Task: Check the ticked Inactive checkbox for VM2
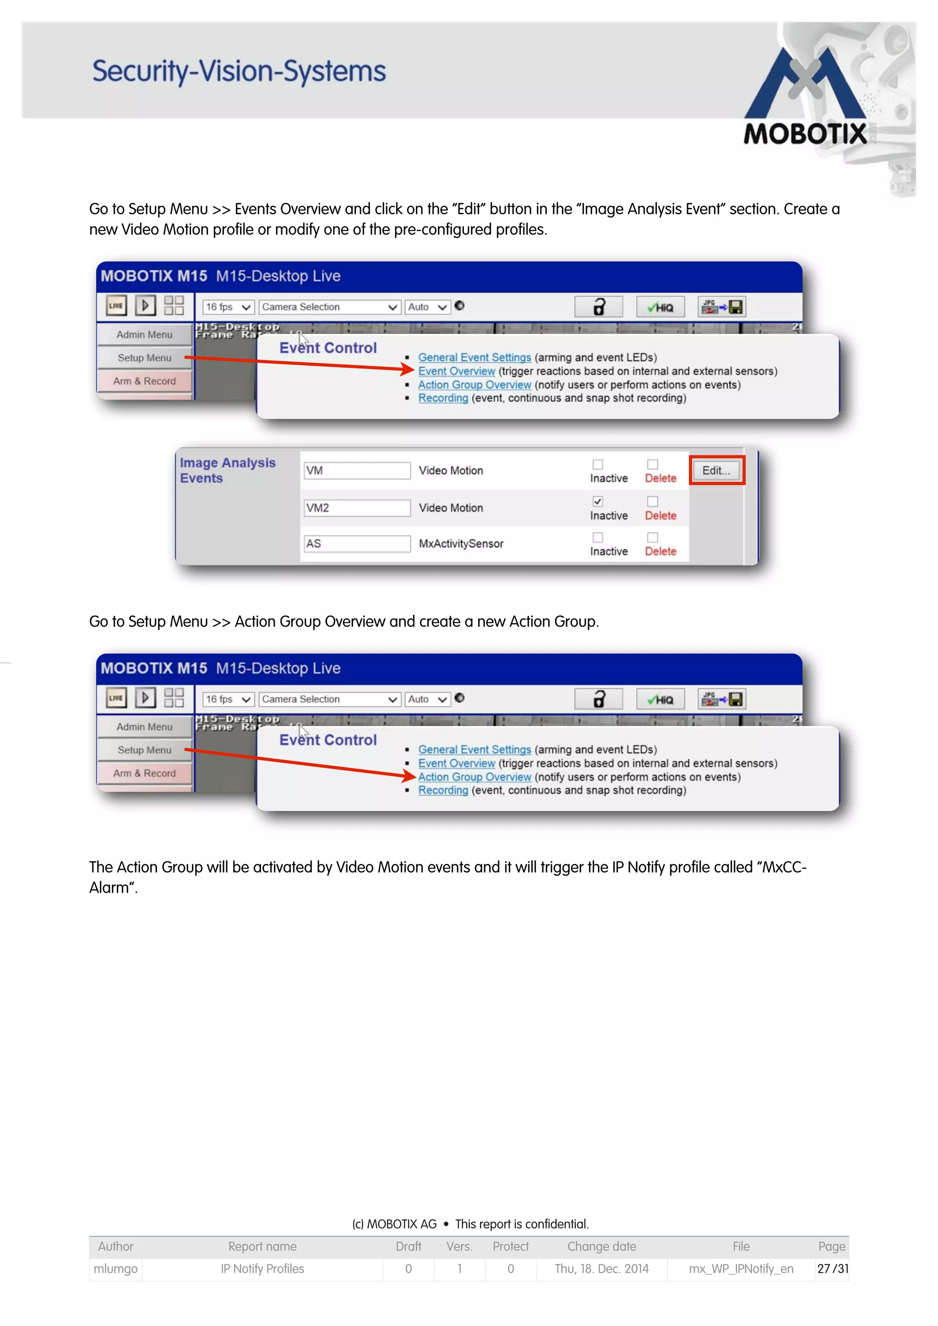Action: click(598, 501)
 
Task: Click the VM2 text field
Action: click(357, 507)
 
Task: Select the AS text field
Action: click(357, 544)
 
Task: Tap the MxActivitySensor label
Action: click(461, 544)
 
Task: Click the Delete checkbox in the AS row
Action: click(653, 537)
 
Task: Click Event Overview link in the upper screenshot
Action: click(457, 371)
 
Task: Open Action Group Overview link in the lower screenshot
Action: click(474, 777)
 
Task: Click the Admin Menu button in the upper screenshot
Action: click(144, 334)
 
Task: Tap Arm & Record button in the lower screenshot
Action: click(144, 773)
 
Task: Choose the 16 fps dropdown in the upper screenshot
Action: click(228, 307)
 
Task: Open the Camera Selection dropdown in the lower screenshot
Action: click(329, 699)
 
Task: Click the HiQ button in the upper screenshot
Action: click(660, 307)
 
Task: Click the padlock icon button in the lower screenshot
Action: click(598, 699)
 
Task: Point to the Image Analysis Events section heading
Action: click(227, 470)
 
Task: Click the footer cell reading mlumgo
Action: click(115, 1269)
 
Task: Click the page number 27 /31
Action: click(832, 1269)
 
